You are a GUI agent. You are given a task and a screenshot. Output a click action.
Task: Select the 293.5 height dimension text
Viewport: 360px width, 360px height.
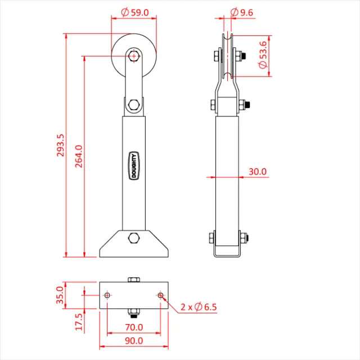(x=61, y=145)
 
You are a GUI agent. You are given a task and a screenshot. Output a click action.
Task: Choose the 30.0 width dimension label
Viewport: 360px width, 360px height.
(x=258, y=172)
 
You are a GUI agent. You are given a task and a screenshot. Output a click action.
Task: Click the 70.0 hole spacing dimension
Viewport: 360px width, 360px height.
(x=133, y=327)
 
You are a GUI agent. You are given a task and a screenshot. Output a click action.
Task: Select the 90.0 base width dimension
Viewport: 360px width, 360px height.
(x=133, y=340)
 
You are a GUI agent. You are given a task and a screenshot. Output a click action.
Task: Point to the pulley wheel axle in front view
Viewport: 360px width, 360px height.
(x=133, y=56)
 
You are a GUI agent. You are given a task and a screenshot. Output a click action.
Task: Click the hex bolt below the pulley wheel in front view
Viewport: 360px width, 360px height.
(x=133, y=105)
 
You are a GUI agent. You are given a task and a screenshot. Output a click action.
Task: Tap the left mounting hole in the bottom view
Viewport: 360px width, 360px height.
(x=107, y=295)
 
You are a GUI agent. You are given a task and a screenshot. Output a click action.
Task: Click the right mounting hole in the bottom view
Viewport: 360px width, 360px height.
(x=160, y=295)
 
